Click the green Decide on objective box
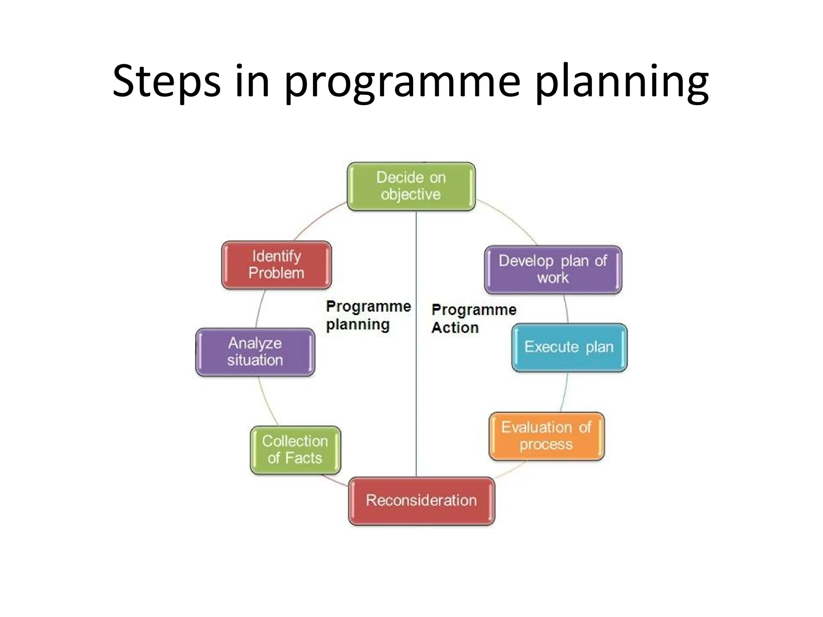pyautogui.click(x=411, y=186)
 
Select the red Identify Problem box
pyautogui.click(x=276, y=265)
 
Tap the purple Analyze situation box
pyautogui.click(x=255, y=352)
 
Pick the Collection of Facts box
pyautogui.click(x=295, y=450)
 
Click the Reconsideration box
pyautogui.click(x=421, y=501)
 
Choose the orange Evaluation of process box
pyautogui.click(x=546, y=436)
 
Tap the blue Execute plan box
pyautogui.click(x=569, y=347)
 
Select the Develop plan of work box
pyautogui.click(x=553, y=270)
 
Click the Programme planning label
pyautogui.click(x=368, y=315)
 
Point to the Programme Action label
pyautogui.click(x=473, y=319)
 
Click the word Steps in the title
pyautogui.click(x=166, y=82)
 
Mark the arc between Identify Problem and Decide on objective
pyautogui.click(x=317, y=220)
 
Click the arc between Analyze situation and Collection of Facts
pyautogui.click(x=265, y=402)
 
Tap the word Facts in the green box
pyautogui.click(x=303, y=458)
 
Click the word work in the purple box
pyautogui.click(x=553, y=278)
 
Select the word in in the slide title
pyautogui.click(x=252, y=82)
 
